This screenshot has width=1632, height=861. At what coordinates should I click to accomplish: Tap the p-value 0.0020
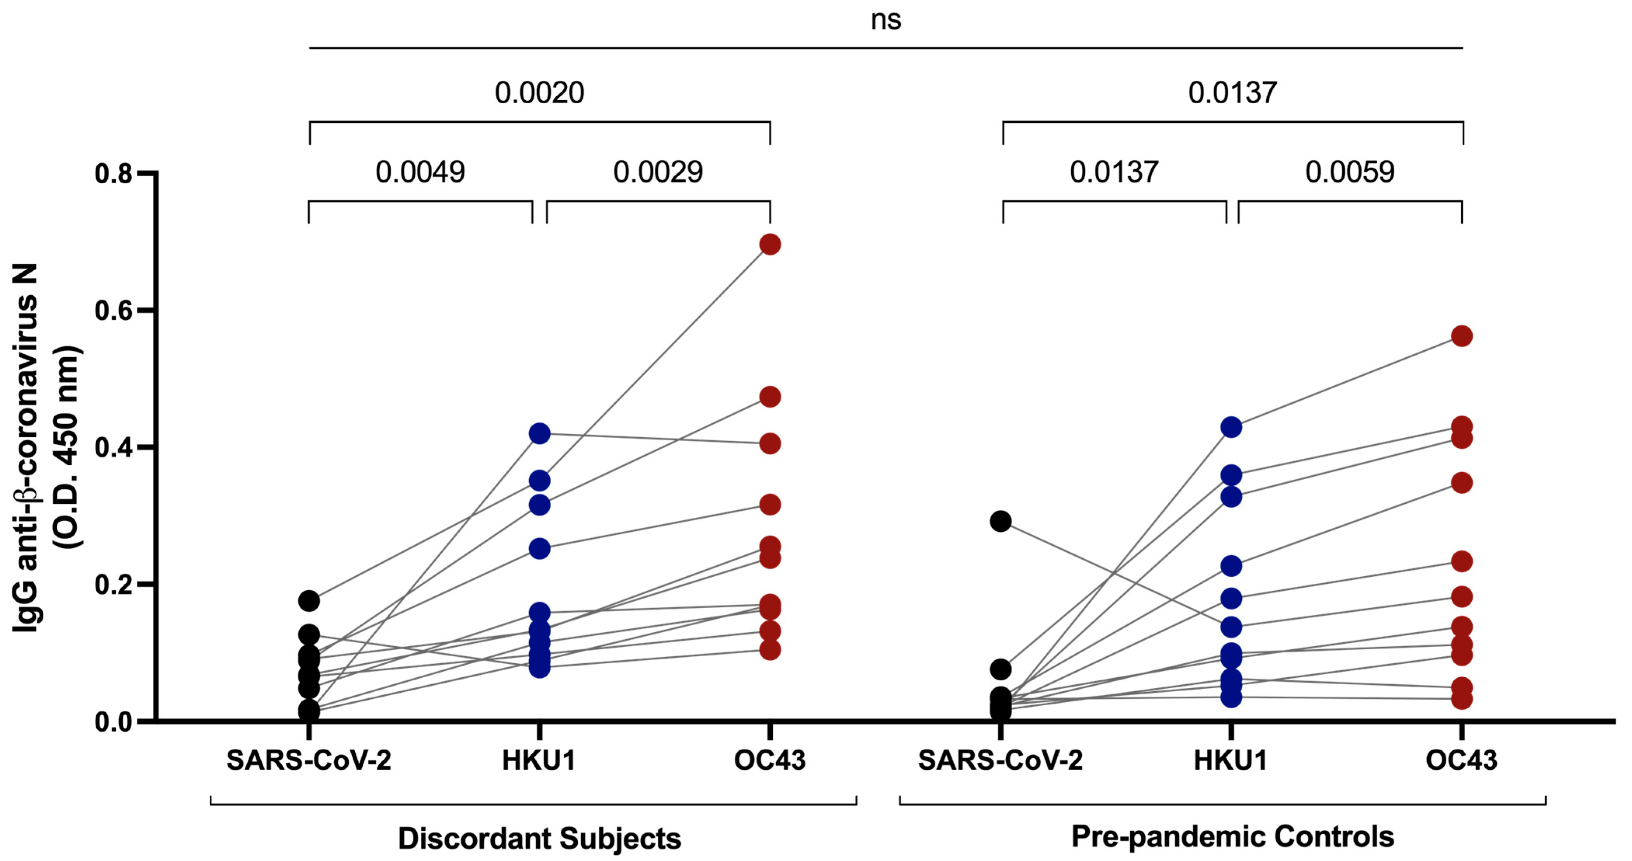pyautogui.click(x=539, y=93)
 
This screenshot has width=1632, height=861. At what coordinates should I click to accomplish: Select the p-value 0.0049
pyautogui.click(x=420, y=172)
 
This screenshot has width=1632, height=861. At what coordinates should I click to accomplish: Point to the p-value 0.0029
pyautogui.click(x=658, y=172)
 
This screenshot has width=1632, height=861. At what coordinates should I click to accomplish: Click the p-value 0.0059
pyautogui.click(x=1349, y=172)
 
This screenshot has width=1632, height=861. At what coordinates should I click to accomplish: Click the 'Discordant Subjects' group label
pyautogui.click(x=539, y=838)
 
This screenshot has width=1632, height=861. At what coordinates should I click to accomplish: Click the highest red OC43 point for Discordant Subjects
pyautogui.click(x=770, y=244)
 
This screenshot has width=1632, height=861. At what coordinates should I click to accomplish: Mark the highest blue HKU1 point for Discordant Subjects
pyautogui.click(x=539, y=434)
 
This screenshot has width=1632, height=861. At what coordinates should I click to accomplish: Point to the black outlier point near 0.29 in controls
pyautogui.click(x=1000, y=522)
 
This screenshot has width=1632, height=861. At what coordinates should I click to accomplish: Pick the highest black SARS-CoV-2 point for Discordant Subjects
pyautogui.click(x=309, y=601)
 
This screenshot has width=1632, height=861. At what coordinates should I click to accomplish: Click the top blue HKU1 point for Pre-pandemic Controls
pyautogui.click(x=1231, y=428)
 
